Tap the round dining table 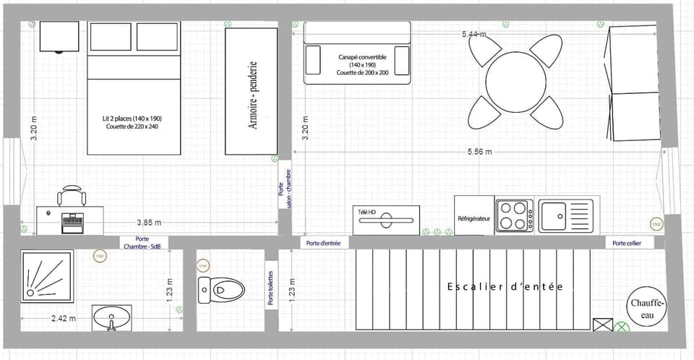(515, 82)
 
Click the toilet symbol (221, 289)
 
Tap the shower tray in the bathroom (47, 275)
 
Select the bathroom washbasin (112, 316)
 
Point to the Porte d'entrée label (323, 243)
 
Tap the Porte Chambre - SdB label (147, 243)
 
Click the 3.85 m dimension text (149, 222)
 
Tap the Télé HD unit (386, 220)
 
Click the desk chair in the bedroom (72, 197)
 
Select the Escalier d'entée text (504, 287)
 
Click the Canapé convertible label (362, 64)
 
